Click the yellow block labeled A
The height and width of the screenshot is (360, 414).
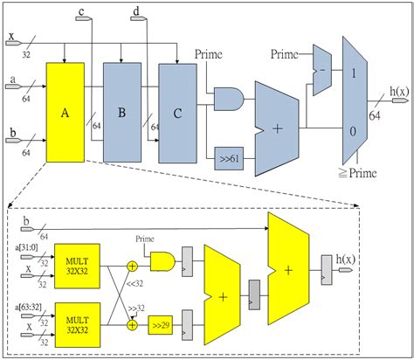tap(66, 111)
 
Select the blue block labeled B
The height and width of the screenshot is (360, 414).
tap(121, 111)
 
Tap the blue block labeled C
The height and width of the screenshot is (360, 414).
tap(178, 112)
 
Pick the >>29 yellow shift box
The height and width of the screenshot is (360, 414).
tap(160, 325)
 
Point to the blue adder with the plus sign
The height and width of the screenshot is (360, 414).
tap(279, 128)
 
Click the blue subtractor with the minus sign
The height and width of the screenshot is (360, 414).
tap(322, 72)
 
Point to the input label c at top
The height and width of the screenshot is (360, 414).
tap(81, 11)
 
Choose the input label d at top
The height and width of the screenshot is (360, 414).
tap(137, 11)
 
